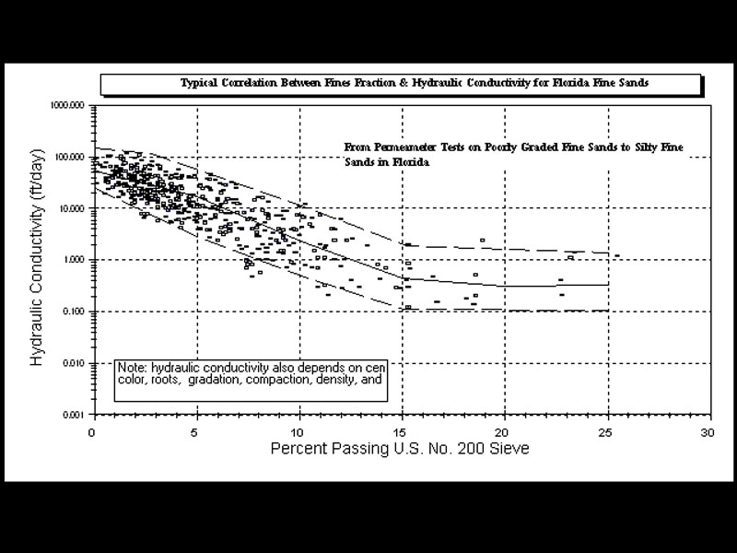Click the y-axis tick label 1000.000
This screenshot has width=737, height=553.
pyautogui.click(x=69, y=106)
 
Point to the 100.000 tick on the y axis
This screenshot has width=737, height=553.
pyautogui.click(x=71, y=158)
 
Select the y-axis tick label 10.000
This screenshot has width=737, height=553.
pyautogui.click(x=73, y=209)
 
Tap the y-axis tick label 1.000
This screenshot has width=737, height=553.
pyautogui.click(x=75, y=261)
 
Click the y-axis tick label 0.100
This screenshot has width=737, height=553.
pyautogui.click(x=75, y=312)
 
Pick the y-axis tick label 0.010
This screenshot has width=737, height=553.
pyautogui.click(x=75, y=364)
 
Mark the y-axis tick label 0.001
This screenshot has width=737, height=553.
pyautogui.click(x=75, y=416)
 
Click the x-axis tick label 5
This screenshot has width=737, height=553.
pyautogui.click(x=195, y=431)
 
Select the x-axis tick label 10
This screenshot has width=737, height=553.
pyautogui.click(x=298, y=431)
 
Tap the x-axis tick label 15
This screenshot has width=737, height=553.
pyautogui.click(x=401, y=431)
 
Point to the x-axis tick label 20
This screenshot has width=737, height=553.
pyautogui.click(x=504, y=431)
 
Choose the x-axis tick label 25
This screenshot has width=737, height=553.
pyautogui.click(x=606, y=431)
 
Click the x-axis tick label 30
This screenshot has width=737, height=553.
pyautogui.click(x=708, y=431)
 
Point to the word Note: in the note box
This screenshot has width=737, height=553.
pyautogui.click(x=132, y=366)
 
